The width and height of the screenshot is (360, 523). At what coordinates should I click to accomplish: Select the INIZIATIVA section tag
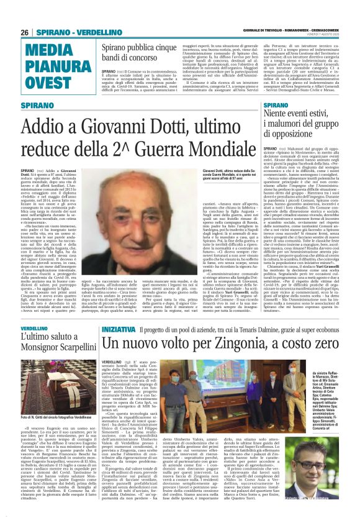(117, 327)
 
